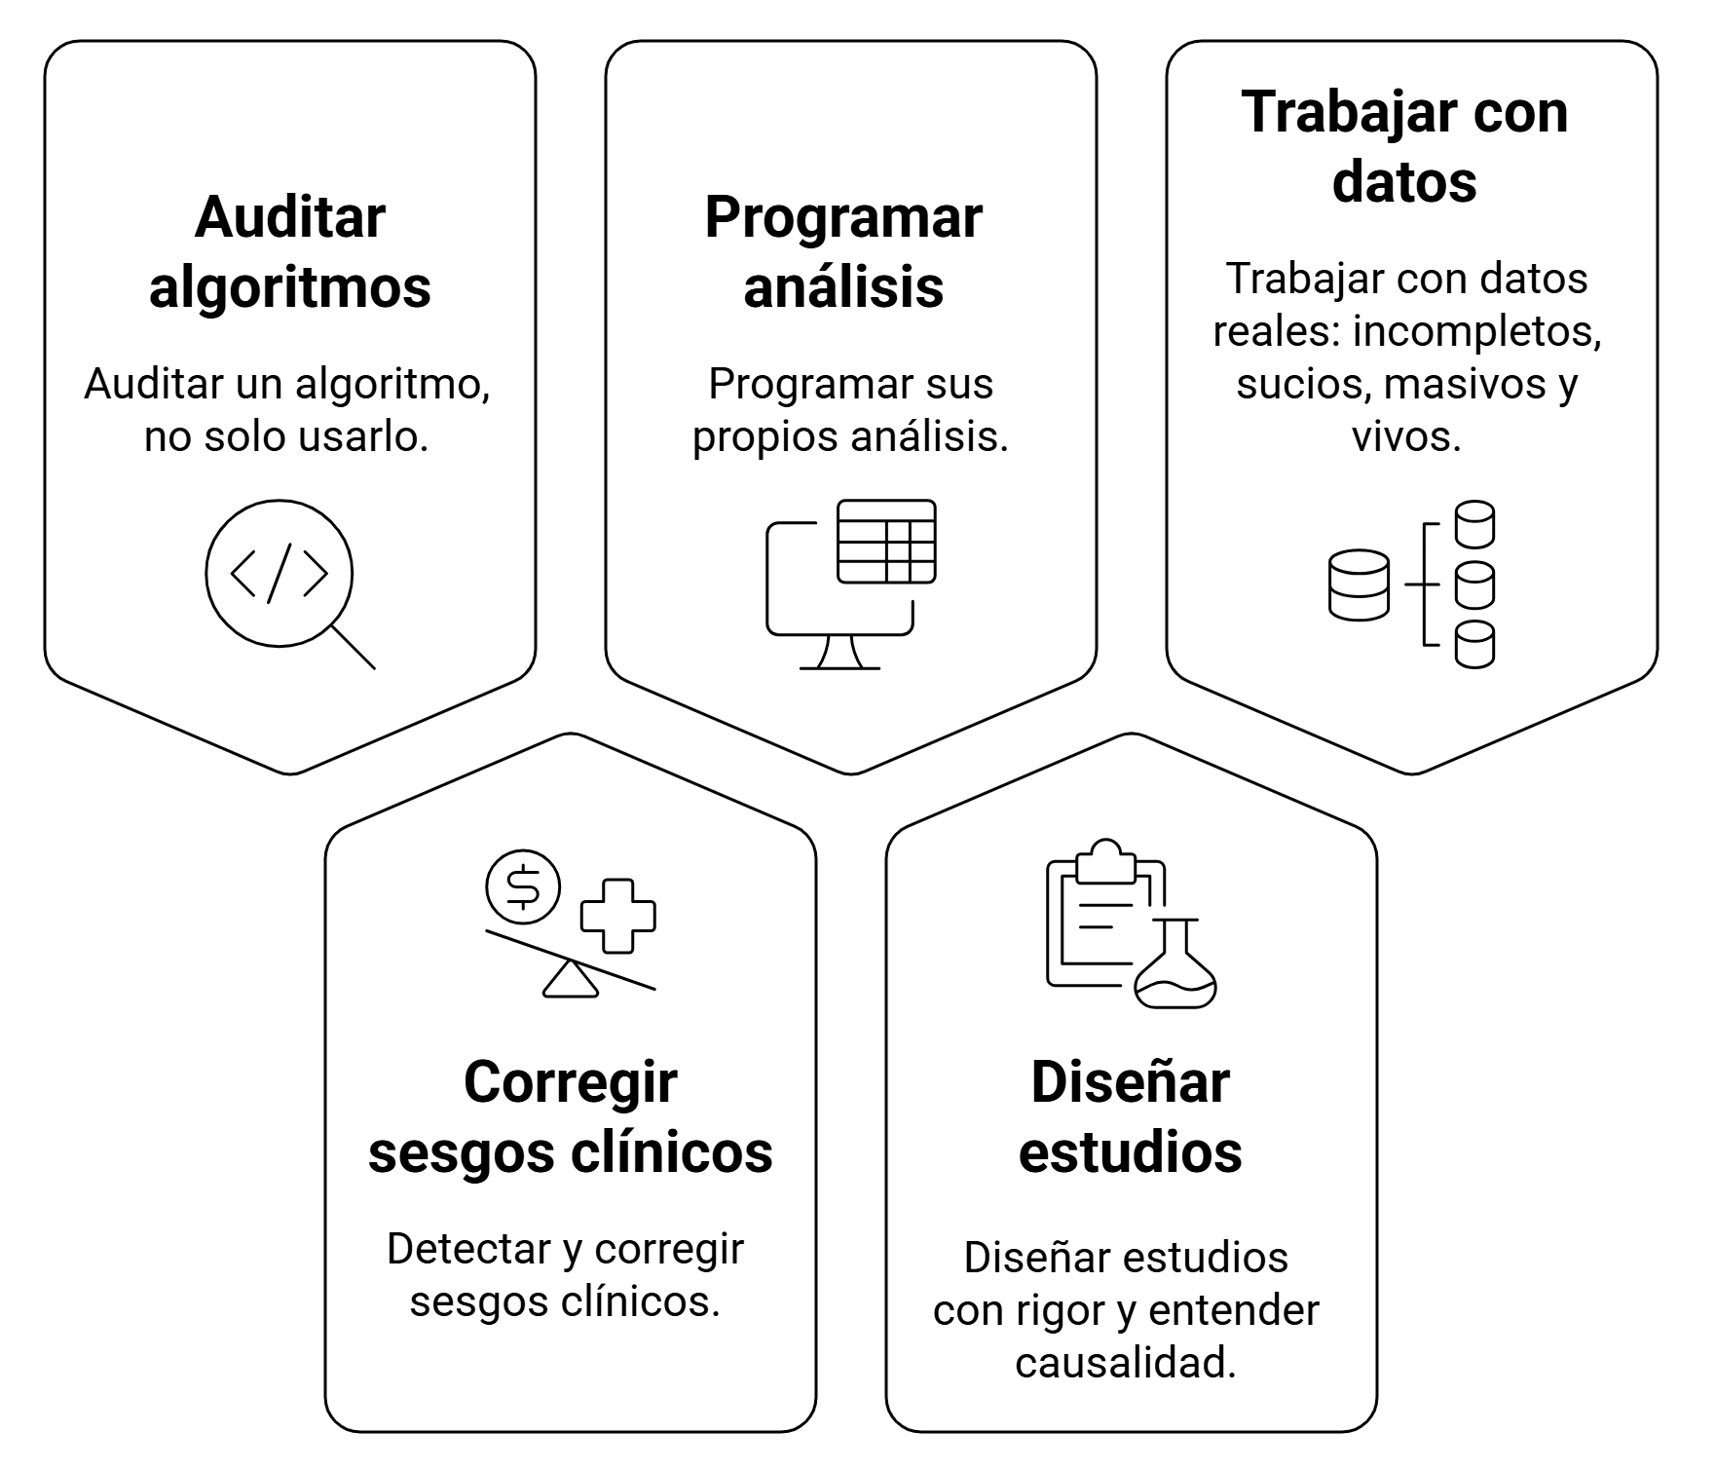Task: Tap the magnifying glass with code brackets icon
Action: [x=280, y=575]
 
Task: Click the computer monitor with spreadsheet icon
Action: [x=851, y=584]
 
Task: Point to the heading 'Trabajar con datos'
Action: [x=1404, y=146]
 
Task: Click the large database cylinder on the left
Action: [x=1359, y=585]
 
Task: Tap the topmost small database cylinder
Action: [x=1474, y=525]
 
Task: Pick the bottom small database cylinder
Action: [x=1474, y=645]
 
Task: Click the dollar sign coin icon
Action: [x=524, y=886]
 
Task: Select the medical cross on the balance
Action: [x=617, y=916]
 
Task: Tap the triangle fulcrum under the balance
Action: [x=571, y=980]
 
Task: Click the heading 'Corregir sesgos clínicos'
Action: [x=571, y=1116]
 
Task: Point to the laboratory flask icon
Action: [x=1176, y=969]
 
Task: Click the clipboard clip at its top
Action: [x=1105, y=861]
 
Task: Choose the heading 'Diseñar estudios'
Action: [x=1130, y=1116]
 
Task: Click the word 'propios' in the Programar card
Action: [x=764, y=436]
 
